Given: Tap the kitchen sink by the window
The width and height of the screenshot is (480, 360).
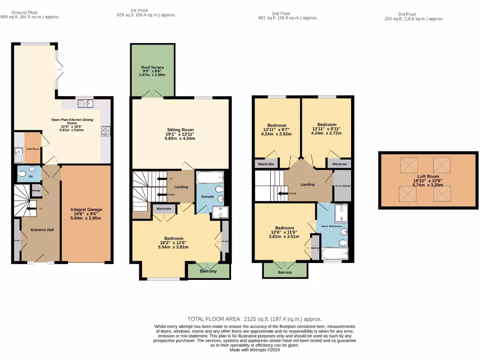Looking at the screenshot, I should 86,103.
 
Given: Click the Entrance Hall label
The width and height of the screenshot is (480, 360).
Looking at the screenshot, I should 42,230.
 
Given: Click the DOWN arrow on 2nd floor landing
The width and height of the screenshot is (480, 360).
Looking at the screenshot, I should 283,193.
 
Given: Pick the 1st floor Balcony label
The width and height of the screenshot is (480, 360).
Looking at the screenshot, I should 208,271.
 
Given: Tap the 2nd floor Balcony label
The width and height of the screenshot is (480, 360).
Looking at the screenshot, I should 285,272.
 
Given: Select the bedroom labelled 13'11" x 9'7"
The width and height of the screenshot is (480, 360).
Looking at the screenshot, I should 277,129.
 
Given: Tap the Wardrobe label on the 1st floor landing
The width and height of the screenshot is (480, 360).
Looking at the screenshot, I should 164,208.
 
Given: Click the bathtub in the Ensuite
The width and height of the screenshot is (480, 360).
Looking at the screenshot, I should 210,178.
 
